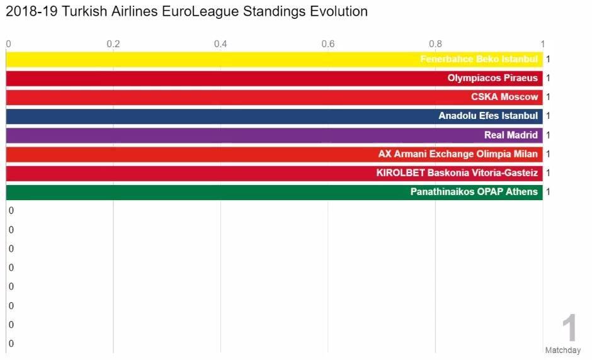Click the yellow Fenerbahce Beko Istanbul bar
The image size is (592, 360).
coord(274,60)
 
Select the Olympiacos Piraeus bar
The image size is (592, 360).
coord(274,79)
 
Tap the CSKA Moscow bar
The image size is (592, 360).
coord(274,98)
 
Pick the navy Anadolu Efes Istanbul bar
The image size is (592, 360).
coord(274,116)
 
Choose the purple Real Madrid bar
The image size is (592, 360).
coord(274,135)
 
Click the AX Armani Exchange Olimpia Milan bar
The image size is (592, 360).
coord(274,154)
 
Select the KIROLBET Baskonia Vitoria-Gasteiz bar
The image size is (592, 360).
coord(274,173)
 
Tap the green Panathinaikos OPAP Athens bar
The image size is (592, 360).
coord(274,192)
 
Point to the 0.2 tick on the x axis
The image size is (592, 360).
coord(113,44)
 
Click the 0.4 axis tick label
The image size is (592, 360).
coord(220,44)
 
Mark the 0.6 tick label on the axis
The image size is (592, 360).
coord(327,44)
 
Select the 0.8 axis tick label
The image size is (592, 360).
coord(435,44)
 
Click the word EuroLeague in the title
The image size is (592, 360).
coord(200,12)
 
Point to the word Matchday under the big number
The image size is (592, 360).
coord(563,350)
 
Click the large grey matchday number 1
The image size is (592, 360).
coord(569,327)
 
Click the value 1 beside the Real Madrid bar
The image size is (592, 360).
coord(548,135)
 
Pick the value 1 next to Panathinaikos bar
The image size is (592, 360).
coord(548,192)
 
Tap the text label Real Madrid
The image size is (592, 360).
coord(511,135)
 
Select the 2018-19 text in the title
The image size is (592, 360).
coord(31,11)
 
